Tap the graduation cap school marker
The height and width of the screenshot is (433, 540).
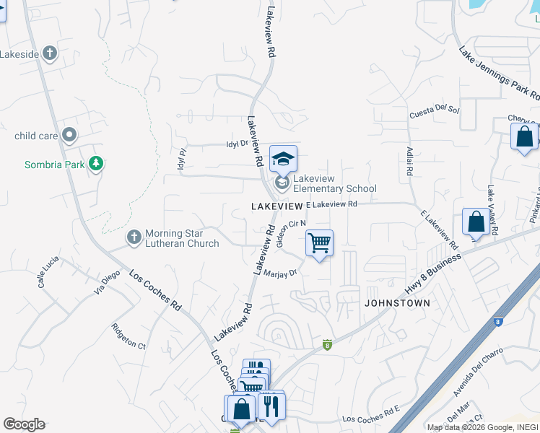click(x=284, y=159)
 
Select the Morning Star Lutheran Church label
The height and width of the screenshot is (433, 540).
click(x=182, y=238)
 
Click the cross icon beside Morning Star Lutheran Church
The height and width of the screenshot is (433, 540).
click(x=134, y=237)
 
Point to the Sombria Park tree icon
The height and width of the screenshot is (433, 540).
click(x=95, y=164)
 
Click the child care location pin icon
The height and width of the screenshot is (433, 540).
click(x=70, y=135)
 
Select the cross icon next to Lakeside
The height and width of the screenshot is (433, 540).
click(x=49, y=53)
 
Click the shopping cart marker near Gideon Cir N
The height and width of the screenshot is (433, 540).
click(x=319, y=244)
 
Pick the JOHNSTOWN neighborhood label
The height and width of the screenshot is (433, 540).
click(x=397, y=303)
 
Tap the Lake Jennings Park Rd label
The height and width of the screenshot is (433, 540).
click(x=499, y=74)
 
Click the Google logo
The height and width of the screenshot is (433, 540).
click(x=24, y=424)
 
